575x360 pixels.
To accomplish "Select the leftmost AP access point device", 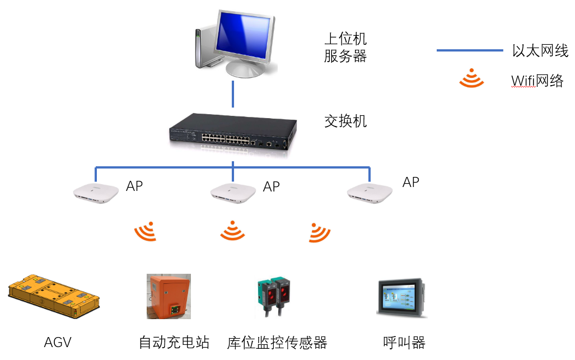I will (97, 192).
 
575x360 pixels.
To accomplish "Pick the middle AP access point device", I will (233, 192).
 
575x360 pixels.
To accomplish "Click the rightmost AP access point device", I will (370, 192).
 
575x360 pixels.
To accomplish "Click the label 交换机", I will (345, 121).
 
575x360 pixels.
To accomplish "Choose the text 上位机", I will (345, 39).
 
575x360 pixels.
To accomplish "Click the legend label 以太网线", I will (540, 51).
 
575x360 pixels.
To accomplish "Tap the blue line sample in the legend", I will (470, 51).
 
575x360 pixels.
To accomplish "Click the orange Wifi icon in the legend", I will (471, 80).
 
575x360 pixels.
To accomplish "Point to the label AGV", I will (58, 342).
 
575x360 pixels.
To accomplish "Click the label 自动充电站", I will (174, 342).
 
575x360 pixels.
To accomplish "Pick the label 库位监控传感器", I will (277, 342).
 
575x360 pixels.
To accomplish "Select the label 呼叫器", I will (404, 342).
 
